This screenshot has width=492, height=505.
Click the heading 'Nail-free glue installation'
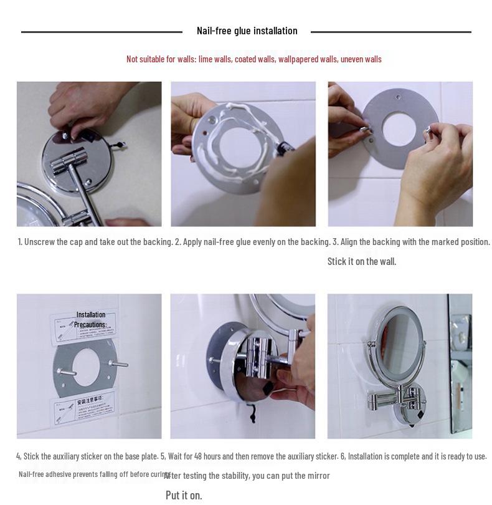click(x=247, y=31)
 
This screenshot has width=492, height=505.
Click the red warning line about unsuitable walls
click(x=253, y=59)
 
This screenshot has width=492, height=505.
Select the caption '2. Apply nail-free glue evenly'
click(x=252, y=242)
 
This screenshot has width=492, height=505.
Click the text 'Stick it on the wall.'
click(x=361, y=261)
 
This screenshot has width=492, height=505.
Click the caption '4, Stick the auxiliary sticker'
click(x=87, y=456)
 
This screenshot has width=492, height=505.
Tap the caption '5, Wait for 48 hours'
click(x=249, y=456)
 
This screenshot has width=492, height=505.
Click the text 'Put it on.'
click(x=184, y=495)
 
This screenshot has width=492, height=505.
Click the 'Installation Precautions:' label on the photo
click(x=91, y=319)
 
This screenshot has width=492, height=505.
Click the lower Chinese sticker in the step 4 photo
click(x=82, y=405)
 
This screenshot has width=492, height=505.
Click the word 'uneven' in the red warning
click(x=352, y=59)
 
